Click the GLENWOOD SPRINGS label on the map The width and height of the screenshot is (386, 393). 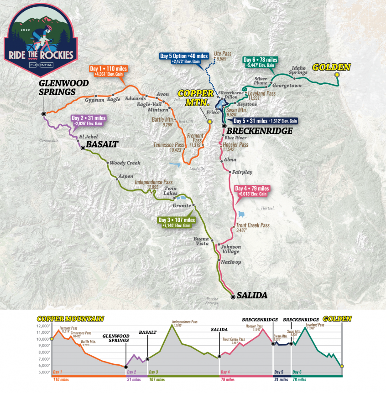[x=57, y=87]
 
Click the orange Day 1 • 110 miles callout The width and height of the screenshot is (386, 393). [x=108, y=71]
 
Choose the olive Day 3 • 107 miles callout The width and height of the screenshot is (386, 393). [x=177, y=222]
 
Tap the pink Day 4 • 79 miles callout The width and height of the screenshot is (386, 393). [x=251, y=191]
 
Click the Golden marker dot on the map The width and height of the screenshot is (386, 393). [x=337, y=75]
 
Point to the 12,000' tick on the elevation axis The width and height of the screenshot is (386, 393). [x=43, y=325]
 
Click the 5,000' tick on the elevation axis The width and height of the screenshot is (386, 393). [x=43, y=372]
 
